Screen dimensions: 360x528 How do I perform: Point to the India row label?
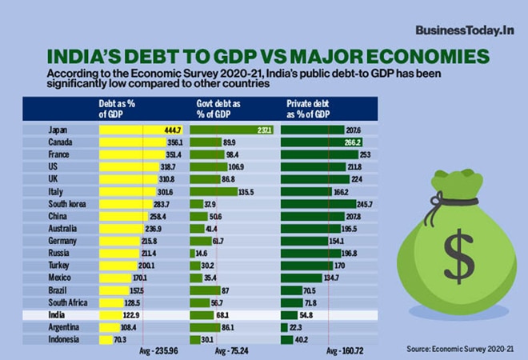[x=57, y=316]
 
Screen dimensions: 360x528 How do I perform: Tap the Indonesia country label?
[x=63, y=340]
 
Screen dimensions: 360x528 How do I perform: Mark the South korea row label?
[x=67, y=205]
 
